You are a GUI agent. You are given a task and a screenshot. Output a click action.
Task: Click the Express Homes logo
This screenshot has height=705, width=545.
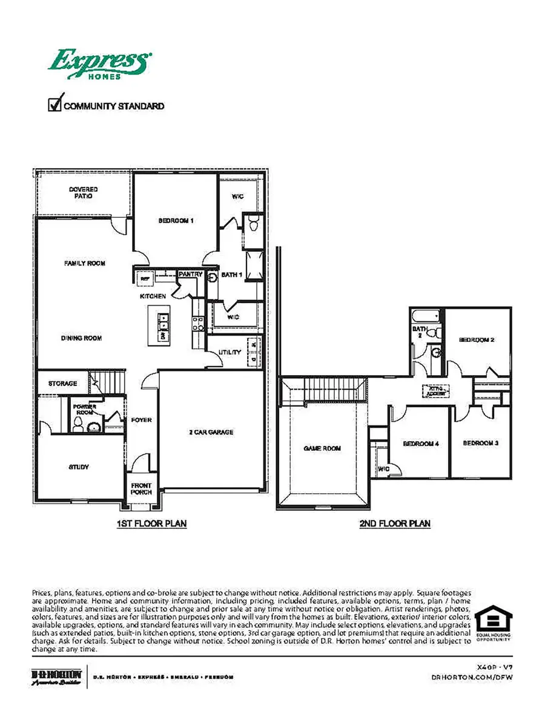(x=100, y=64)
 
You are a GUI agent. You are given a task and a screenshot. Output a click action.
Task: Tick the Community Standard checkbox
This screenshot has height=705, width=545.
(x=56, y=105)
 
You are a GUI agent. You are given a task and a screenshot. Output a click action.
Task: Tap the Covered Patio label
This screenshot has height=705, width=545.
(x=83, y=193)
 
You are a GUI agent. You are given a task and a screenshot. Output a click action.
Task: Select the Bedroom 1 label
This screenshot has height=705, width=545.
(x=176, y=221)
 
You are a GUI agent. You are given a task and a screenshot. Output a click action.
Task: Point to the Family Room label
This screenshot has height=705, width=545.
(x=85, y=263)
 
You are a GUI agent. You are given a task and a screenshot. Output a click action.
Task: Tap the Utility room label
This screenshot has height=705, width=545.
(x=230, y=352)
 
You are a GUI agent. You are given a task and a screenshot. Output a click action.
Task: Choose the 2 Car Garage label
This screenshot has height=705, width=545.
(x=211, y=432)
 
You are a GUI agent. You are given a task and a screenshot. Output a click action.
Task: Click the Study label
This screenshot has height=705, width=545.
(x=79, y=467)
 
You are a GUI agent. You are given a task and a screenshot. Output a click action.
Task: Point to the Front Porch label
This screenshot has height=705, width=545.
(x=142, y=488)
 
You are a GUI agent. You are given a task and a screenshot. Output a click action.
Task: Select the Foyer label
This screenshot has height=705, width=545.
(x=142, y=420)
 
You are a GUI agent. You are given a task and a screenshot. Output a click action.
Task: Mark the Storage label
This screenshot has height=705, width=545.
(x=62, y=384)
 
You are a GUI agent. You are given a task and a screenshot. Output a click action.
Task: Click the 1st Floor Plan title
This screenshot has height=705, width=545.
(x=151, y=523)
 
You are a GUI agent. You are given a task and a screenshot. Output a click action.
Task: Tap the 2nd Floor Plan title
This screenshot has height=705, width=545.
(x=395, y=523)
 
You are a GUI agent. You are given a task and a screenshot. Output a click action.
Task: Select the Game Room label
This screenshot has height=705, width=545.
(x=322, y=448)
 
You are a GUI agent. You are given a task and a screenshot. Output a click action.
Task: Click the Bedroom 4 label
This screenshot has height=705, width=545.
(x=420, y=444)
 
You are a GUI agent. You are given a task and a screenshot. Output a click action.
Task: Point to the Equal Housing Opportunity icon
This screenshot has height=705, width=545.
(x=493, y=621)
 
